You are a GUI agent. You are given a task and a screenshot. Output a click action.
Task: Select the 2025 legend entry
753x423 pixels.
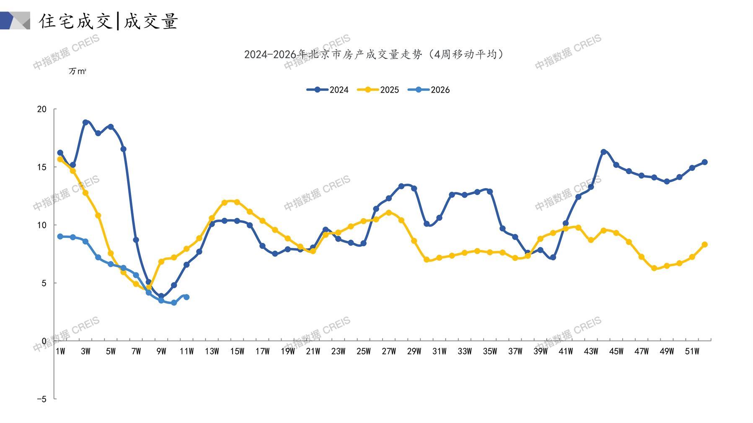(x=378, y=90)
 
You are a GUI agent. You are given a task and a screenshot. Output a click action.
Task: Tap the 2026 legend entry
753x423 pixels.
(x=429, y=90)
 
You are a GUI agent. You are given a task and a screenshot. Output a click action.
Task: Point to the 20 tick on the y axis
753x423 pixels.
(x=42, y=109)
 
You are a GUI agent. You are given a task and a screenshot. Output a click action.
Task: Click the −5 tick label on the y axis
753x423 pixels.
(x=41, y=399)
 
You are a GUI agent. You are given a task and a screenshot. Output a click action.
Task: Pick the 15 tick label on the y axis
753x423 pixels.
(x=42, y=167)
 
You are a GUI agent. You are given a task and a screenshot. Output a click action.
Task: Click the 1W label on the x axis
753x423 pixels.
(x=60, y=351)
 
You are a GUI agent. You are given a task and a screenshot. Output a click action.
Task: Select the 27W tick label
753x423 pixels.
(x=388, y=351)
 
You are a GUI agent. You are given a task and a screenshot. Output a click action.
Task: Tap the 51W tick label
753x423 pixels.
(x=692, y=351)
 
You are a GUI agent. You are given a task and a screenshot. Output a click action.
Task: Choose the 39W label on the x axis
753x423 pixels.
(x=540, y=351)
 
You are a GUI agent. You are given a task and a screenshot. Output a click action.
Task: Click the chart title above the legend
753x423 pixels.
(x=374, y=54)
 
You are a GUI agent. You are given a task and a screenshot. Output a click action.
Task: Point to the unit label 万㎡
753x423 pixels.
(x=77, y=71)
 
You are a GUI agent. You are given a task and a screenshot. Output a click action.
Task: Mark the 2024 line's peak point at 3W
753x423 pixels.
(x=85, y=122)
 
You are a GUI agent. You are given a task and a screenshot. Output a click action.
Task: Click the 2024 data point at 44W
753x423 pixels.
(x=603, y=152)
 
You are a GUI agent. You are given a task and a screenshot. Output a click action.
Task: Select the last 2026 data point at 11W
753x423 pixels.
(x=186, y=297)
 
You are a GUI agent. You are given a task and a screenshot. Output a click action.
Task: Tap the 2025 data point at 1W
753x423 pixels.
(x=60, y=159)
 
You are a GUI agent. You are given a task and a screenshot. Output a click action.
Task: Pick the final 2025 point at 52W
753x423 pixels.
(x=704, y=245)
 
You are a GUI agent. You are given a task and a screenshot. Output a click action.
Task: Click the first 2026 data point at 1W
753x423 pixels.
(x=60, y=237)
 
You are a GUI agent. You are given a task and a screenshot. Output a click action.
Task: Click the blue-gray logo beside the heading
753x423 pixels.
(x=16, y=21)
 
